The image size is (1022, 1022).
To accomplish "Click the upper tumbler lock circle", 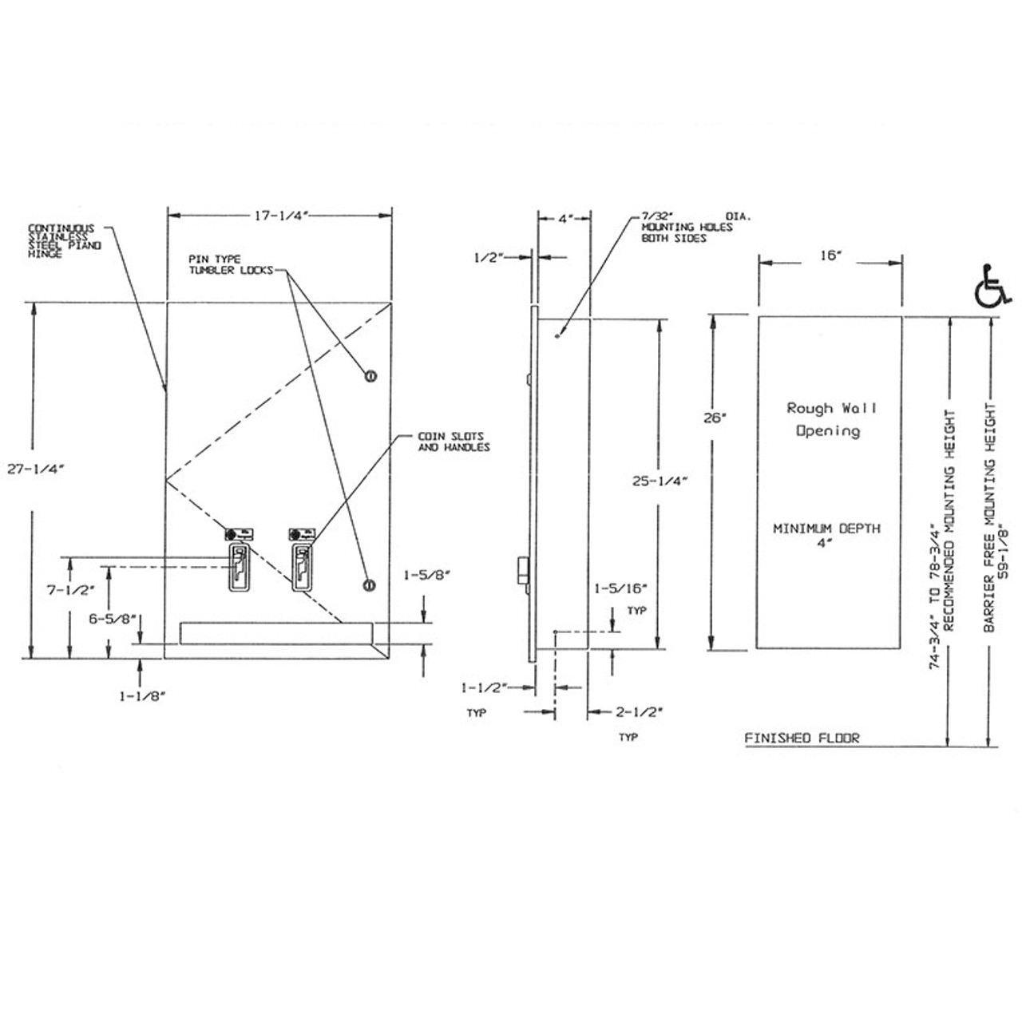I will point(370,375).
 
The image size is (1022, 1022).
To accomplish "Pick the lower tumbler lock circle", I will point(368,585).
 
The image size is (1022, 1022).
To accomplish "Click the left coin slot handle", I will point(239,568).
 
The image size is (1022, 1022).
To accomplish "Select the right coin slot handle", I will point(302,568).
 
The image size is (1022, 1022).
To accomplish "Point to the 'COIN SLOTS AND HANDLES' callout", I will point(454,442).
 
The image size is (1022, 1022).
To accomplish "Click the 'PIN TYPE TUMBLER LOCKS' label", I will point(228,264).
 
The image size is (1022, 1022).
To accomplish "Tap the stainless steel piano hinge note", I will point(65,241).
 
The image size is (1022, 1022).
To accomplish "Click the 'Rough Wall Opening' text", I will point(830,420).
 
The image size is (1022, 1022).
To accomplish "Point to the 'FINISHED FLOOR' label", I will point(802,739).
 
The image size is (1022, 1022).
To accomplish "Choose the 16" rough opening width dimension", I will point(830,255).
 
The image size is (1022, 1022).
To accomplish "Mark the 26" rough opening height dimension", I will point(712,417).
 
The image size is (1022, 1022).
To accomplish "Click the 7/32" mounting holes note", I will point(687,228).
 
